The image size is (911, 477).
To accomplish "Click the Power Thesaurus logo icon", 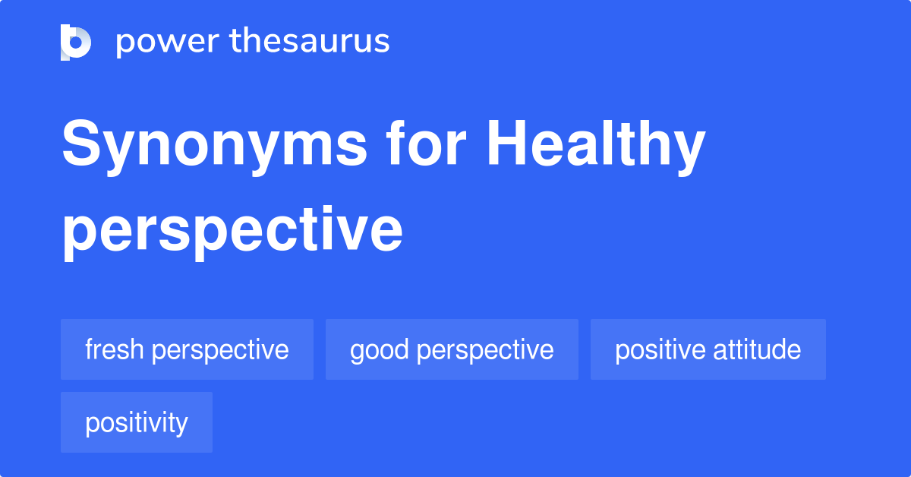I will coord(76,42).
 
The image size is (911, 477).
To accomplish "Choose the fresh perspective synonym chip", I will coord(187,349).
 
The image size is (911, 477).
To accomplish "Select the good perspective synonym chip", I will coord(452,349).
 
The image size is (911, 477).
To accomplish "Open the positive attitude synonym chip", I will coord(708,349).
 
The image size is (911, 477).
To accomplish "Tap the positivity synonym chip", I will coord(137,422).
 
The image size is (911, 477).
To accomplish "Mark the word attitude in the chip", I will coord(757,349).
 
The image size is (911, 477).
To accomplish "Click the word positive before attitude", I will coord(660,349).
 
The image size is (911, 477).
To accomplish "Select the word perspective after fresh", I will coord(220,350).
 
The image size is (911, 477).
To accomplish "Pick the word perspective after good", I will coord(485,350).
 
